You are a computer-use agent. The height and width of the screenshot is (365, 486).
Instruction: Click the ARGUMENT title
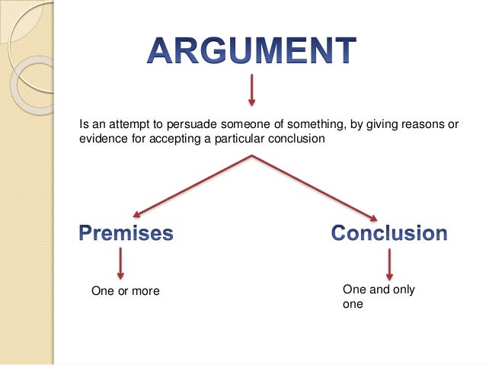251,52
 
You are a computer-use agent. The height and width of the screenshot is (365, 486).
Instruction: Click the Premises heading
126,233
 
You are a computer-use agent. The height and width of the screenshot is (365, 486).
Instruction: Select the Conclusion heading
388,233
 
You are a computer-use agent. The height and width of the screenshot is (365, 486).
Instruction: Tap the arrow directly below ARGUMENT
251,90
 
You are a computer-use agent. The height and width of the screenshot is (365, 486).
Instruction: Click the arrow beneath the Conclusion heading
389,264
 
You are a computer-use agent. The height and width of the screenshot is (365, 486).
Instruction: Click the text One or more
126,290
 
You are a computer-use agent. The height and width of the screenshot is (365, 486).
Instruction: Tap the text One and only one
379,296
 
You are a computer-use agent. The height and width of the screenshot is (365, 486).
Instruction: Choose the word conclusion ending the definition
297,139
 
